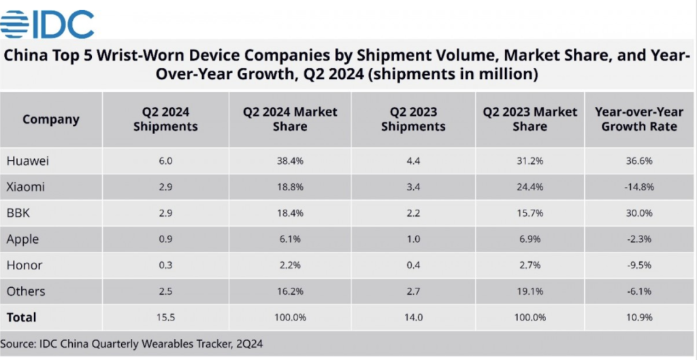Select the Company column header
[51, 119]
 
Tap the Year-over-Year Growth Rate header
[639, 119]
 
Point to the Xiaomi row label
[26, 187]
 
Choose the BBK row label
[18, 213]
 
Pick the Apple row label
[22, 240]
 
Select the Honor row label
[25, 265]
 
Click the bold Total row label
[21, 317]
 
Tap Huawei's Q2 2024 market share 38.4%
[290, 161]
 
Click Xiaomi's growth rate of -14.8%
[638, 187]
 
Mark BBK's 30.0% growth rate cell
[638, 213]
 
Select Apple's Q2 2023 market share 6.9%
[530, 240]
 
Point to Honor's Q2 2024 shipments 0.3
[165, 265]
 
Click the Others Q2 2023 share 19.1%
[530, 291]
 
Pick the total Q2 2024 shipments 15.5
[165, 317]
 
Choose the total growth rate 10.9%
[638, 317]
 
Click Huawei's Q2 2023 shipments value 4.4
[413, 161]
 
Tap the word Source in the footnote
[20, 344]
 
